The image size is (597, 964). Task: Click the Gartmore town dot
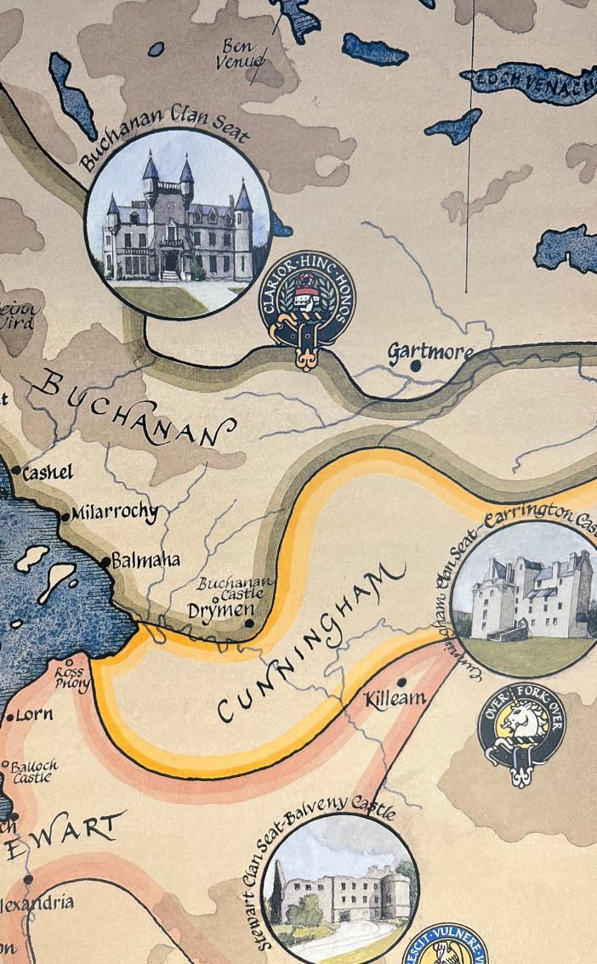416,366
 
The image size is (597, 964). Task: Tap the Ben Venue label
241,53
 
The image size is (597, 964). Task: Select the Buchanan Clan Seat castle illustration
179,223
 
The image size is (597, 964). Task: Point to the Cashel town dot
16,470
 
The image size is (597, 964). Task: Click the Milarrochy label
115,513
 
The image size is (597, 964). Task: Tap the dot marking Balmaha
106,561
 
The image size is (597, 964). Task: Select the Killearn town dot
401,682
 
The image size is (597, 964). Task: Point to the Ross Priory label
73,676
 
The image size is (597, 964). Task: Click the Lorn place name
34,714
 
